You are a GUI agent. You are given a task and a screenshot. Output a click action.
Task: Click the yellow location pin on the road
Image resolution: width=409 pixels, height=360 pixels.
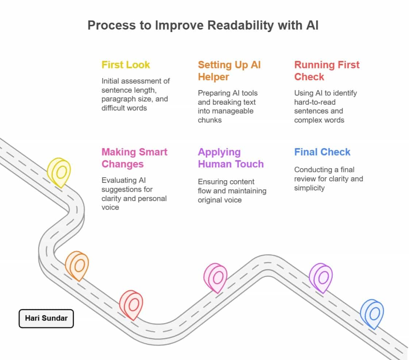[59, 172]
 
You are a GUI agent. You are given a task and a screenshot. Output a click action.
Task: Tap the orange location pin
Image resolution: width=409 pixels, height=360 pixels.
[77, 265]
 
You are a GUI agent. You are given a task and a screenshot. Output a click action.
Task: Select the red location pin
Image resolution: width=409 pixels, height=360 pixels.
[131, 305]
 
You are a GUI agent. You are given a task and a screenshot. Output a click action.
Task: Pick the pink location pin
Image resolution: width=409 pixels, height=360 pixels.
[215, 277]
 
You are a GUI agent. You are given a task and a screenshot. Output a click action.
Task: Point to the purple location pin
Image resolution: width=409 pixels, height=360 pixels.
[321, 277]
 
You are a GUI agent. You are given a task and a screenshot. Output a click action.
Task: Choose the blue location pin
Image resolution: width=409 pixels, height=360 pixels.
[372, 314]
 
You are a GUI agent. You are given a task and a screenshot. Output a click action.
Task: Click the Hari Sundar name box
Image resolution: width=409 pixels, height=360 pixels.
[46, 318]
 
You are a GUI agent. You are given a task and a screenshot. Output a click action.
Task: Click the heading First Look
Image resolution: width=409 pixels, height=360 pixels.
[126, 65]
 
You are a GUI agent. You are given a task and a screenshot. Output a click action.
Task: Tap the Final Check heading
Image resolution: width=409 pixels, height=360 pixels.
[322, 152]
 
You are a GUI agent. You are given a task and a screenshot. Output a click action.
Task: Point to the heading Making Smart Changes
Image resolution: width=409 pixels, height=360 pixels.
[134, 158]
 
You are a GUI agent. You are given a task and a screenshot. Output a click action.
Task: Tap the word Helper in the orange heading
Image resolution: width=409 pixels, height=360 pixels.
[213, 77]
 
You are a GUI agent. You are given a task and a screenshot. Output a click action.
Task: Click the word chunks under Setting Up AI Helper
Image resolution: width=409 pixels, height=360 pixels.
[209, 120]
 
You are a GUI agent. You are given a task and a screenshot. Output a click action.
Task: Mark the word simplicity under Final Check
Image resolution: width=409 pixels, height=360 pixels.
[309, 188]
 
